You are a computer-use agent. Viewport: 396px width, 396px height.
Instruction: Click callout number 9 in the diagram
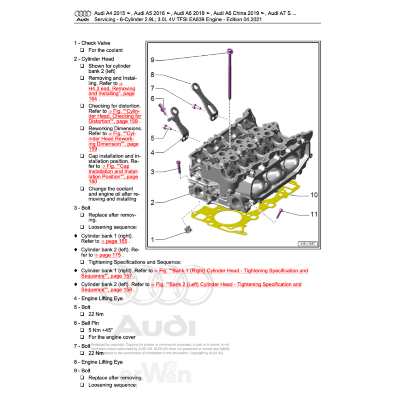[x=152, y=60]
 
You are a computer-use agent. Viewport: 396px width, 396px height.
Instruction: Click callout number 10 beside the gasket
[x=314, y=195]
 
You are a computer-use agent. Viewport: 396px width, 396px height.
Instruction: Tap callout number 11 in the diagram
[x=314, y=214]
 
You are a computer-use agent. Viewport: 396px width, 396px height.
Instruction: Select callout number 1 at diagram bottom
[x=152, y=240]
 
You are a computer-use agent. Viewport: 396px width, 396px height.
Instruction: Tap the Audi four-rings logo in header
[x=82, y=14]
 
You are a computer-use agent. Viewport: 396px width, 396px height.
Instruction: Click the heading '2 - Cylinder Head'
[x=94, y=59]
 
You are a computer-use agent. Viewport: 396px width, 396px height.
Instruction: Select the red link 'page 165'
[x=114, y=241]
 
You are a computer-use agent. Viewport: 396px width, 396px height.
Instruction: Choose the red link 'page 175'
[x=110, y=255]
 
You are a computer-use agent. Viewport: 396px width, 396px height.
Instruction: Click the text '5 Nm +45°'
[x=101, y=330]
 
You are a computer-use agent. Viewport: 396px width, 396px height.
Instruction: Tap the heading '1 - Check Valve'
[x=92, y=43]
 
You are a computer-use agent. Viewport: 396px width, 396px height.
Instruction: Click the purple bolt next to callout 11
[x=280, y=212]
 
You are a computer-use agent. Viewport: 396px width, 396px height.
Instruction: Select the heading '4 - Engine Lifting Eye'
[x=98, y=299]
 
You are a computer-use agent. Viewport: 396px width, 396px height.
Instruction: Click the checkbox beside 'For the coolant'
[x=82, y=50]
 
